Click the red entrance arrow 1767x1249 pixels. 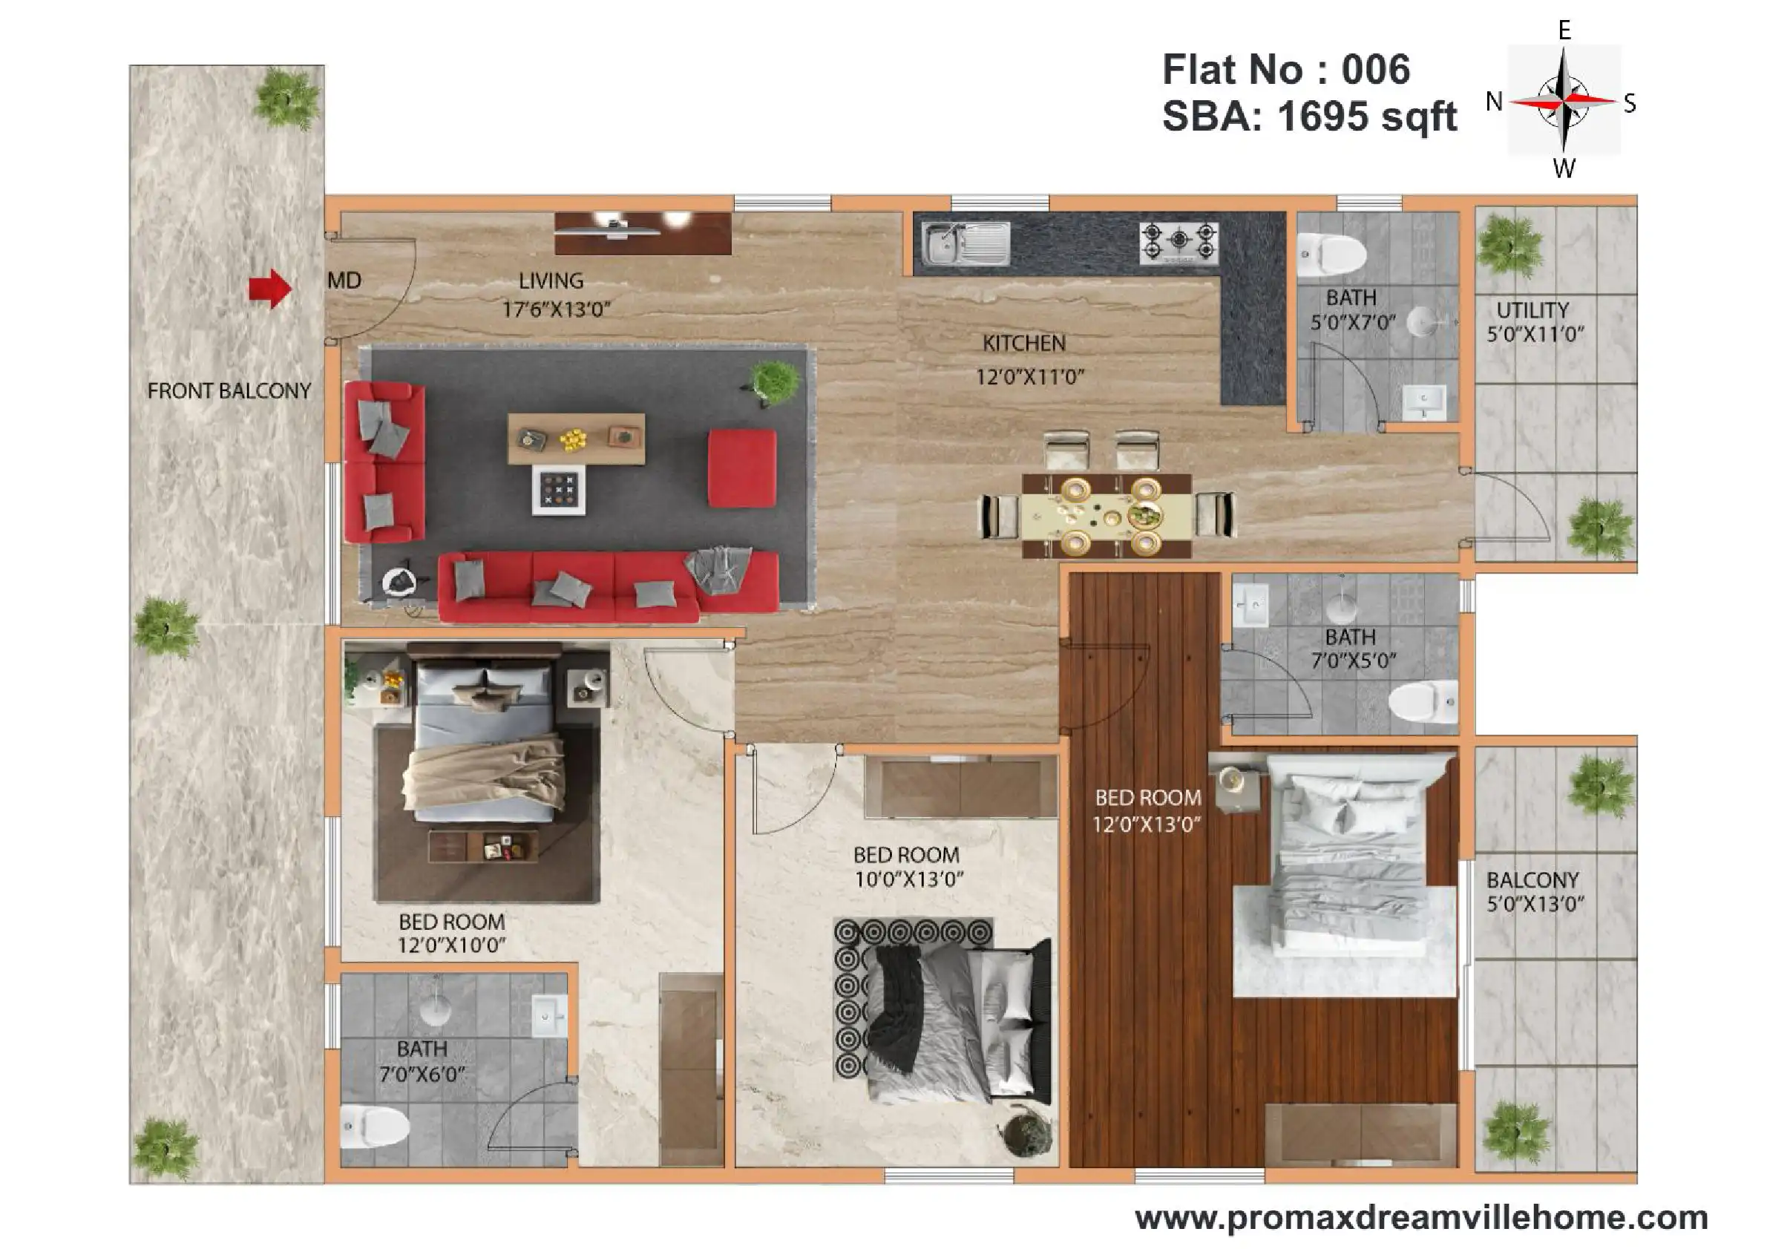pyautogui.click(x=270, y=289)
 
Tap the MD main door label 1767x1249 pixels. pyautogui.click(x=344, y=280)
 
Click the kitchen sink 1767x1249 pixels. pyautogui.click(x=966, y=243)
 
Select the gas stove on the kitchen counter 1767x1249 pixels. pyautogui.click(x=1179, y=243)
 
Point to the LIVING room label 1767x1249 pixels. pyautogui.click(x=551, y=281)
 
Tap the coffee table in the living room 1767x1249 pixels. pyautogui.click(x=576, y=439)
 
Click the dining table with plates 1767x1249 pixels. pyautogui.click(x=1107, y=515)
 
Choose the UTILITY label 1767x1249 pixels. pyautogui.click(x=1532, y=310)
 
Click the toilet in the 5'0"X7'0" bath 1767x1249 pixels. pyautogui.click(x=1331, y=254)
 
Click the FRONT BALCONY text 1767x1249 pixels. pyautogui.click(x=229, y=391)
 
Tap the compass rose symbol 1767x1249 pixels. pyautogui.click(x=1563, y=100)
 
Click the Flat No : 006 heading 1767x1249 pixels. pyautogui.click(x=1286, y=69)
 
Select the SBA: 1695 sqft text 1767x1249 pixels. pyautogui.click(x=1309, y=117)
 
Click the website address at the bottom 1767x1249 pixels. pyautogui.click(x=1421, y=1217)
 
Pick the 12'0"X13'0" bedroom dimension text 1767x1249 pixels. pyautogui.click(x=1147, y=825)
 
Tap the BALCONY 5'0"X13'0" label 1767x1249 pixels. pyautogui.click(x=1534, y=891)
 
